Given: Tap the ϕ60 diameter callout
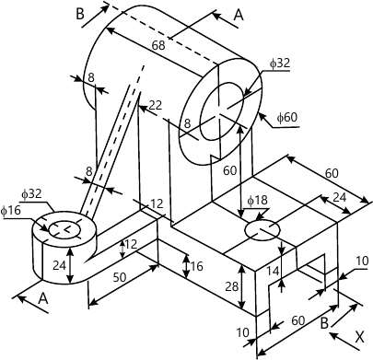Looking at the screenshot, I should click(288, 119).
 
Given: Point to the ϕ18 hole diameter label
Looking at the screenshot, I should click(257, 200).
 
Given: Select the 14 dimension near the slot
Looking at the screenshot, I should click(273, 271).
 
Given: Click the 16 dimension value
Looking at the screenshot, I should click(196, 266).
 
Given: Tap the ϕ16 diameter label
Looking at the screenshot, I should click(11, 212).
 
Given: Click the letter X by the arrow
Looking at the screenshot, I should click(360, 337).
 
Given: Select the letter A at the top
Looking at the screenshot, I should click(239, 15).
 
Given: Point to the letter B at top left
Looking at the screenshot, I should click(79, 14).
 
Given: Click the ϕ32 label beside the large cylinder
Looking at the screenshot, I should click(280, 64).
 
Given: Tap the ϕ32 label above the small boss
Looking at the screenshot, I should click(31, 194).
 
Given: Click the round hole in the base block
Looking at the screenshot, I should click(263, 229).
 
